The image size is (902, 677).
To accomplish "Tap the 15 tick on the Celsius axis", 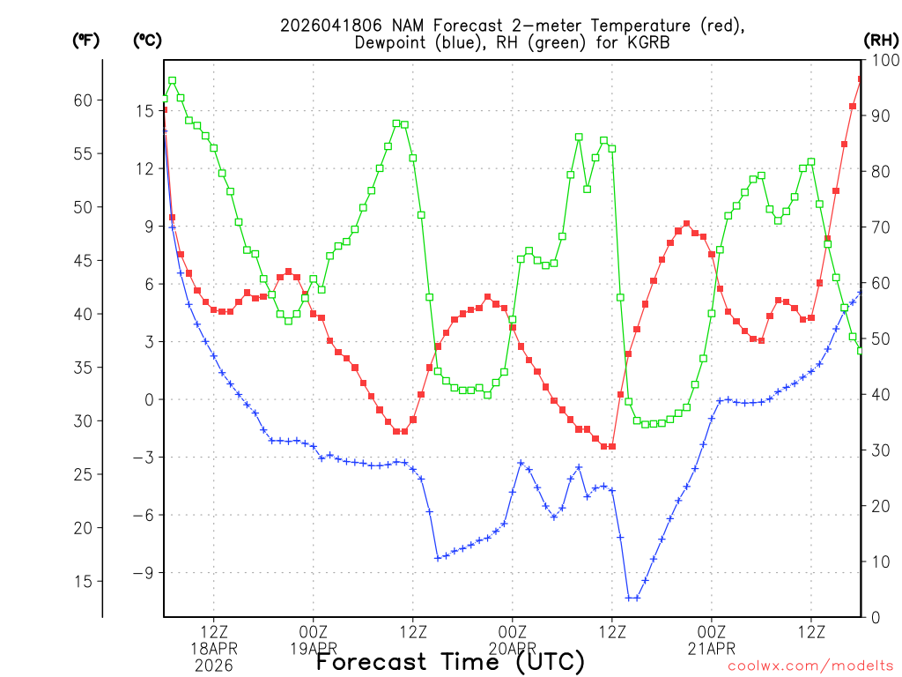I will pyautogui.click(x=144, y=111).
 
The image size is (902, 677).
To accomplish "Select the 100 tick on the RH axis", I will pyautogui.click(x=881, y=60).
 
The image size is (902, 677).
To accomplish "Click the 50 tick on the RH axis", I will pyautogui.click(x=877, y=339).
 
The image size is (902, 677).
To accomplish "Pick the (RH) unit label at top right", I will pyautogui.click(x=880, y=40).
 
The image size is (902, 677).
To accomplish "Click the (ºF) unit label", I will pyautogui.click(x=86, y=40).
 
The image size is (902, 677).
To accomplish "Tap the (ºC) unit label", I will pyautogui.click(x=148, y=40).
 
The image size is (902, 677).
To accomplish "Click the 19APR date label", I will pyautogui.click(x=314, y=649).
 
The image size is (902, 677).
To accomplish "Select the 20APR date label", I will pyautogui.click(x=513, y=649).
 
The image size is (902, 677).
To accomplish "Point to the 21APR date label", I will pyautogui.click(x=712, y=649).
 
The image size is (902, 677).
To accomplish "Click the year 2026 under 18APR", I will pyautogui.click(x=214, y=665).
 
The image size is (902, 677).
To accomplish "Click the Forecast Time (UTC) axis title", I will pyautogui.click(x=450, y=661).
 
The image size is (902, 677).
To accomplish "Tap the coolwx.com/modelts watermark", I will pyautogui.click(x=810, y=666).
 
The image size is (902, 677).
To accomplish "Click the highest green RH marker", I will pyautogui.click(x=173, y=81).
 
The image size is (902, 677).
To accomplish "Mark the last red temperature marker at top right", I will pyautogui.click(x=861, y=79).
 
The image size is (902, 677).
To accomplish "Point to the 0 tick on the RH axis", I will pyautogui.click(x=873, y=618).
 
